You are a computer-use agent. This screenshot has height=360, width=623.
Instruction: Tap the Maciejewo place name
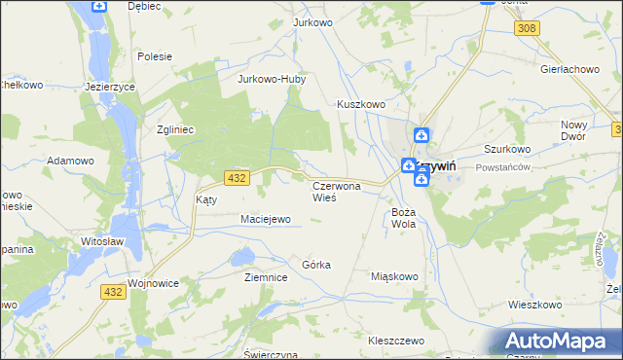coord(266,219)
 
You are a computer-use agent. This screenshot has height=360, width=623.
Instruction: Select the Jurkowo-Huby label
coord(272,80)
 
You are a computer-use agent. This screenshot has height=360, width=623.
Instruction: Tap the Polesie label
coord(155,56)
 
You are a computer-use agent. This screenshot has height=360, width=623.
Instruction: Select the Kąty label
coord(206,198)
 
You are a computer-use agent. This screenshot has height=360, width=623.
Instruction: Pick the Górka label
coord(316,265)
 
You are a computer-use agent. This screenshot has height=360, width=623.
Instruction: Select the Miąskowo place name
coord(394,276)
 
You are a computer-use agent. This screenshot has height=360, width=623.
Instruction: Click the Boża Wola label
coord(404,217)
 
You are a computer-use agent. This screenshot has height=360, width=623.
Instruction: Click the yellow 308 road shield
coord(528,29)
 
